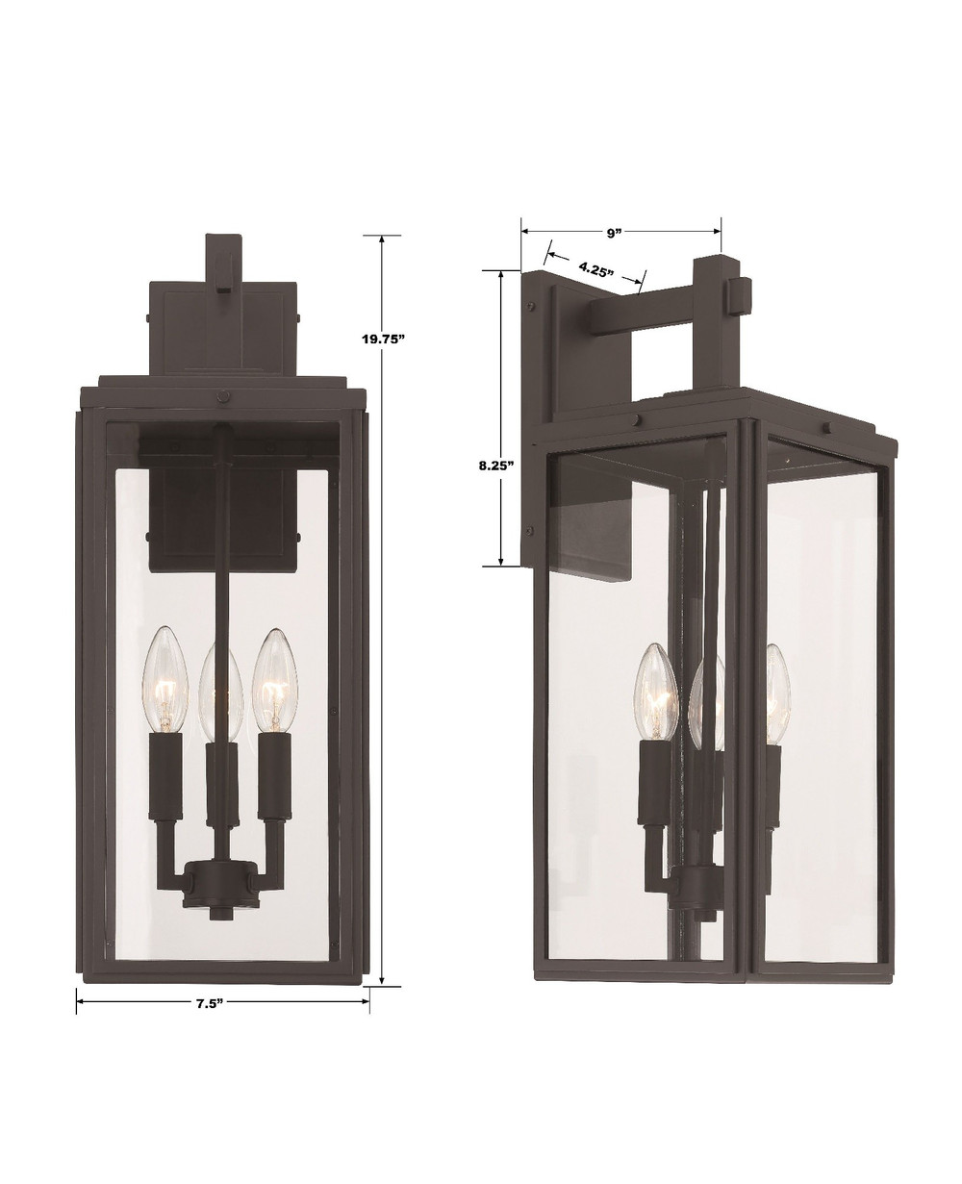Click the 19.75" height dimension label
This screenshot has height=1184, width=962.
coord(382,340)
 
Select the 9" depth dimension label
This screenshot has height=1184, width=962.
coord(613,233)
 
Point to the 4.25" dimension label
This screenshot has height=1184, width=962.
coord(595,269)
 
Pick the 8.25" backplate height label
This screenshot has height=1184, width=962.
coord(496,466)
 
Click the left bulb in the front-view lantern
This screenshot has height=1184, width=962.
coord(165,679)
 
